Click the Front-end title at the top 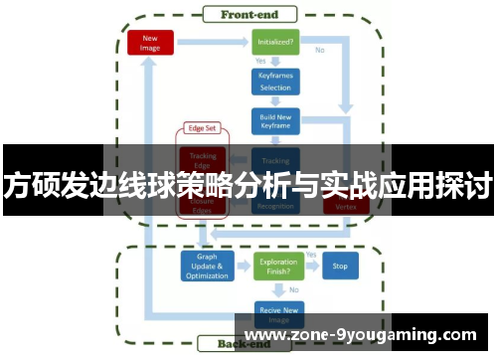coord(248,14)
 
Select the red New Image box coord(151,42)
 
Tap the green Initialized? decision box coord(275,42)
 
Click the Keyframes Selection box coord(275,81)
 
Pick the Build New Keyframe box coord(275,120)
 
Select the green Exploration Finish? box coord(275,267)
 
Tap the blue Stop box coord(340,267)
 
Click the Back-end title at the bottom coord(248,344)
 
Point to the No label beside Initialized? coord(320,49)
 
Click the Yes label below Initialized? coord(261,61)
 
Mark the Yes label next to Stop coord(310,255)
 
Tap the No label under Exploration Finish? coord(292,289)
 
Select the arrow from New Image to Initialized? coord(212,42)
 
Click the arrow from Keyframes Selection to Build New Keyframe coord(275,100)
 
